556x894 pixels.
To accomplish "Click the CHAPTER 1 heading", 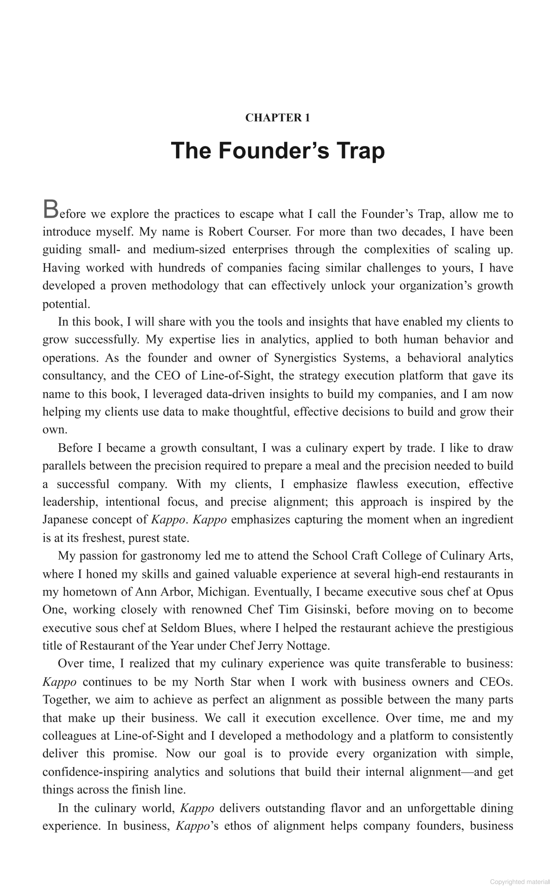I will pyautogui.click(x=278, y=118).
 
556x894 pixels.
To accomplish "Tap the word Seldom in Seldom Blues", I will pyautogui.click(x=179, y=628).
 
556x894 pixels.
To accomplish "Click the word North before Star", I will pyautogui.click(x=210, y=682).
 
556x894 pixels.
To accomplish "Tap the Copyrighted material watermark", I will pyautogui.click(x=520, y=882).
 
